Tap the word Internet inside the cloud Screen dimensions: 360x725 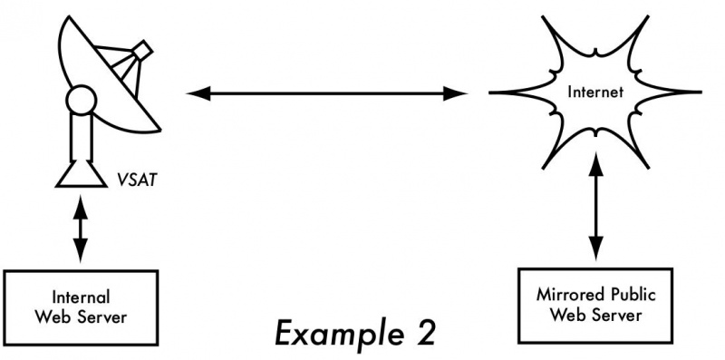[x=594, y=92]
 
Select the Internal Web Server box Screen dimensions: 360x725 [x=80, y=305]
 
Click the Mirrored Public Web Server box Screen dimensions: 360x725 [x=595, y=306]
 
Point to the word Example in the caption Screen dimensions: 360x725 [x=326, y=333]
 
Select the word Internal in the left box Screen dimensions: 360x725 [x=81, y=297]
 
